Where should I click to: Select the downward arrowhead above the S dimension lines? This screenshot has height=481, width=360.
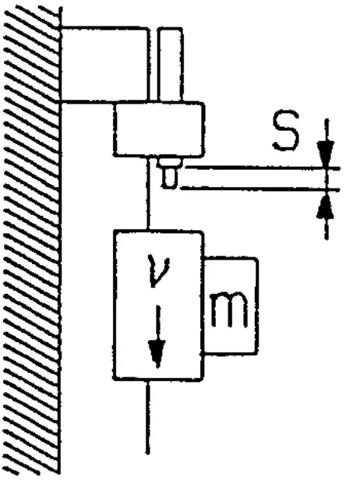click(x=326, y=153)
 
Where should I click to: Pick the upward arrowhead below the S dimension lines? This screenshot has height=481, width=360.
click(x=326, y=204)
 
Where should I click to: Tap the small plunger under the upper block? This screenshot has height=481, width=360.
click(x=169, y=175)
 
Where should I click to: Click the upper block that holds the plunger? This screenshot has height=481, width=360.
click(x=158, y=129)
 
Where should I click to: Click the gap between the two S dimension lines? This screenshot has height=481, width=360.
click(x=257, y=178)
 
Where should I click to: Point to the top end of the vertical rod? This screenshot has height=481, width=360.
click(x=170, y=30)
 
